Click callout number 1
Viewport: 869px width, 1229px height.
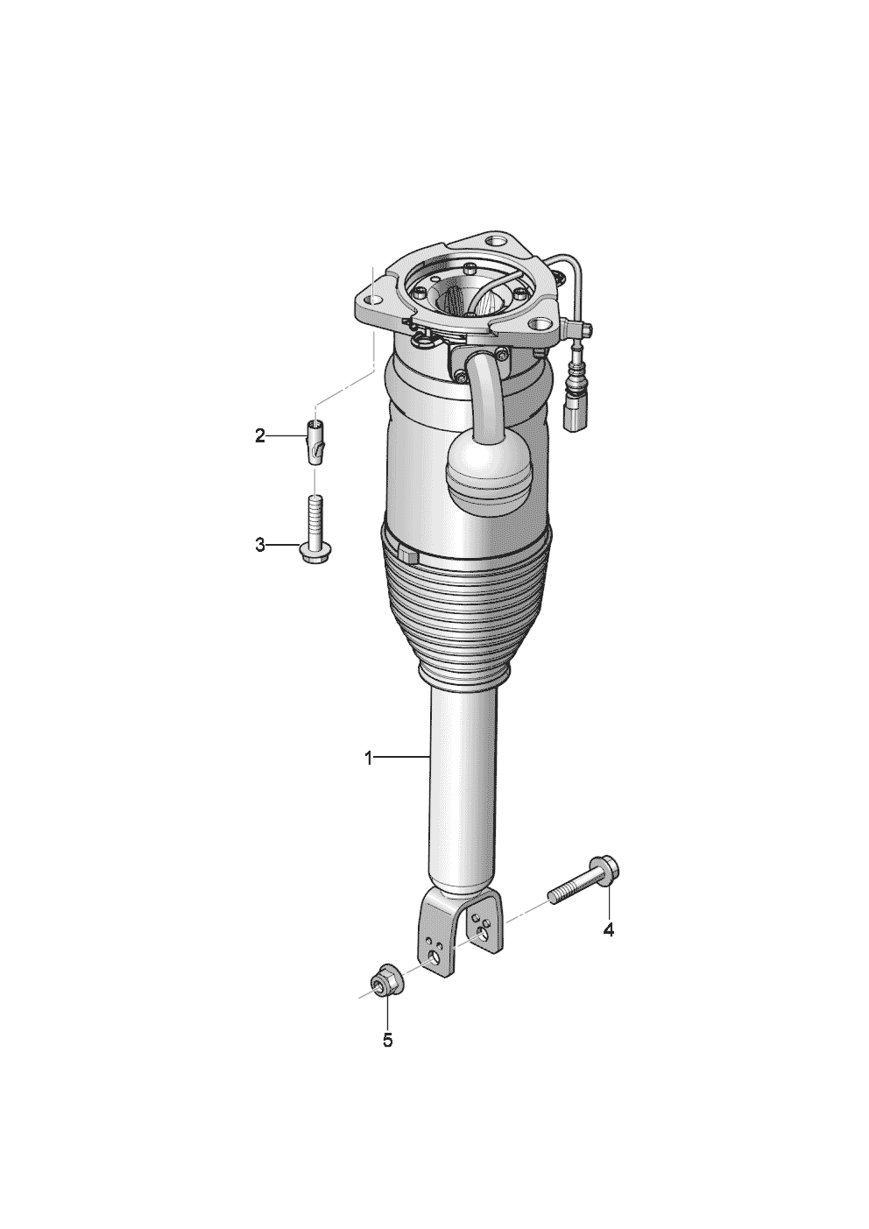pos(369,759)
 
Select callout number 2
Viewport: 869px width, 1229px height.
pos(260,436)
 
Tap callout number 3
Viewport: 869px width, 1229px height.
pos(260,546)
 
